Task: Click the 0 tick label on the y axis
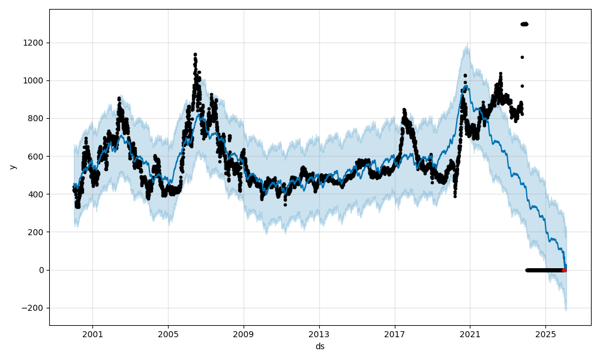click(42, 270)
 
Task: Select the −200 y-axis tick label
click(34, 308)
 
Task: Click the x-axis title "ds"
click(320, 346)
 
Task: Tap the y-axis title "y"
click(12, 167)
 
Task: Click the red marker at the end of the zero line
click(564, 270)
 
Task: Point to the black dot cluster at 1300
click(524, 24)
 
